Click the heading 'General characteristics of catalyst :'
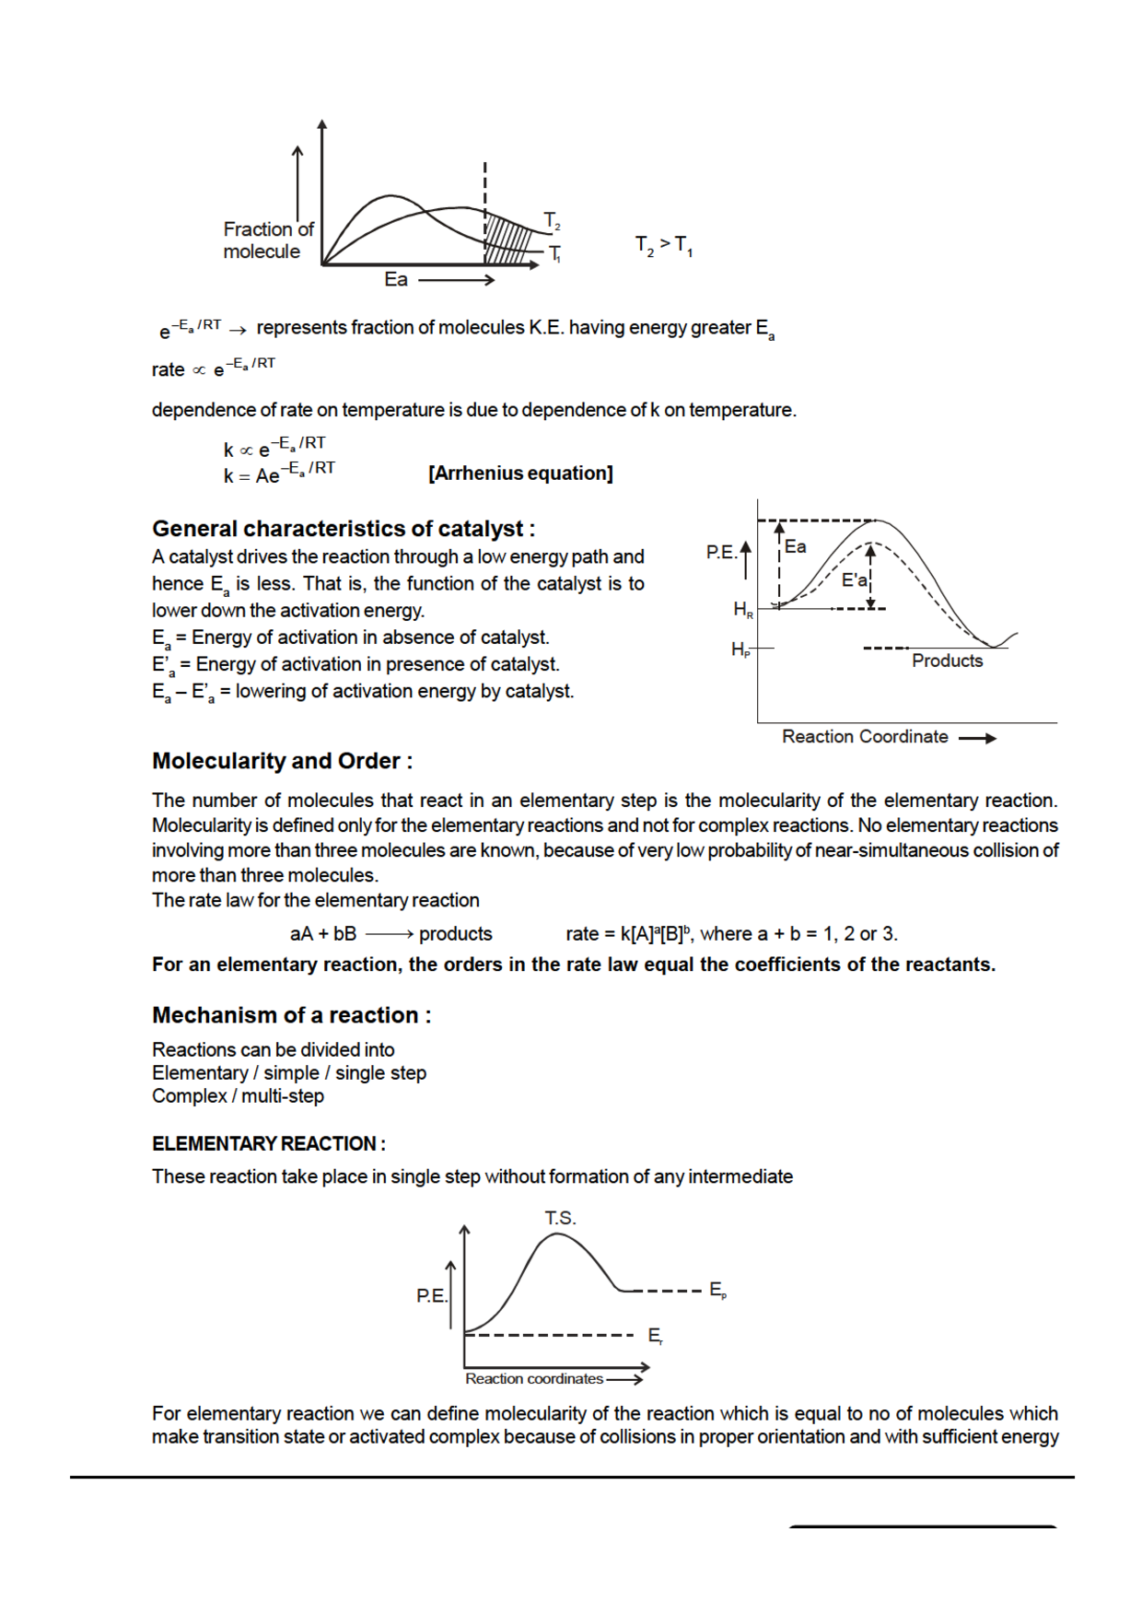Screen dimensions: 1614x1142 click(343, 529)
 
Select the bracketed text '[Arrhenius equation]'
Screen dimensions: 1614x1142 click(520, 474)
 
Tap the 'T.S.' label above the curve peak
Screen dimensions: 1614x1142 click(560, 1218)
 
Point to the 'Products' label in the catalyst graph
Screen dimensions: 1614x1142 click(947, 661)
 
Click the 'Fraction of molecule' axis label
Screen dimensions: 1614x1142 click(267, 240)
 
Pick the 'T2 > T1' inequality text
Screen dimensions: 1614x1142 click(663, 246)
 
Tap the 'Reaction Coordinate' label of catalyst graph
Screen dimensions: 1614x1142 click(864, 737)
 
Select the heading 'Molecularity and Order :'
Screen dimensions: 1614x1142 click(282, 761)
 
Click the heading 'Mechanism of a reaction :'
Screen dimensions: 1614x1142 click(291, 1015)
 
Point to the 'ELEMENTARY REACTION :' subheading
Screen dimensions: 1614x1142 click(268, 1144)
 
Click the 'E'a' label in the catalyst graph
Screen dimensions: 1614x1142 click(854, 580)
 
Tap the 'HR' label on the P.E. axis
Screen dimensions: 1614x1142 click(742, 609)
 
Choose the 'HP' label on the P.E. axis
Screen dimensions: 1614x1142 click(740, 649)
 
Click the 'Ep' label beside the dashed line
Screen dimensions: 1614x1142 click(717, 1291)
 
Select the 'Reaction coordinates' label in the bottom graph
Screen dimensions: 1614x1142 click(533, 1379)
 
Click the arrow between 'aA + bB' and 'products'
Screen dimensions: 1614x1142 click(389, 934)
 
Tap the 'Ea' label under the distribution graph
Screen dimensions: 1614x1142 click(396, 279)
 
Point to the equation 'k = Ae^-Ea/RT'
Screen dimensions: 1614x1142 click(279, 474)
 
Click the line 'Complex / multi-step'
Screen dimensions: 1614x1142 click(238, 1096)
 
